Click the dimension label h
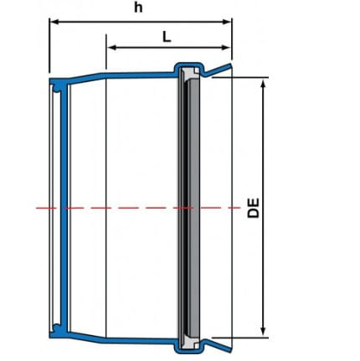tap(138, 8)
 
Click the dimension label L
tap(167, 37)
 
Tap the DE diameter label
tap(254, 208)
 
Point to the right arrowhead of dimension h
tap(227, 22)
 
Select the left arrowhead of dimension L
tap(111, 48)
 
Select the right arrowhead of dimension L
tap(226, 48)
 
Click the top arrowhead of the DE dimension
tap(264, 83)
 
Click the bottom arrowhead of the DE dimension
tap(264, 331)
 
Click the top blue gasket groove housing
tap(189, 68)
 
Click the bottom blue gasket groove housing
tap(189, 347)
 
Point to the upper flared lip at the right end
tap(219, 70)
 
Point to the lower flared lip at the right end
tap(219, 346)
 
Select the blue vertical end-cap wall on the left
tap(64, 208)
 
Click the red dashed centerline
tap(138, 208)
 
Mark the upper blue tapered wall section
tap(86, 76)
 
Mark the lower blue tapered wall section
tap(86, 337)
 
